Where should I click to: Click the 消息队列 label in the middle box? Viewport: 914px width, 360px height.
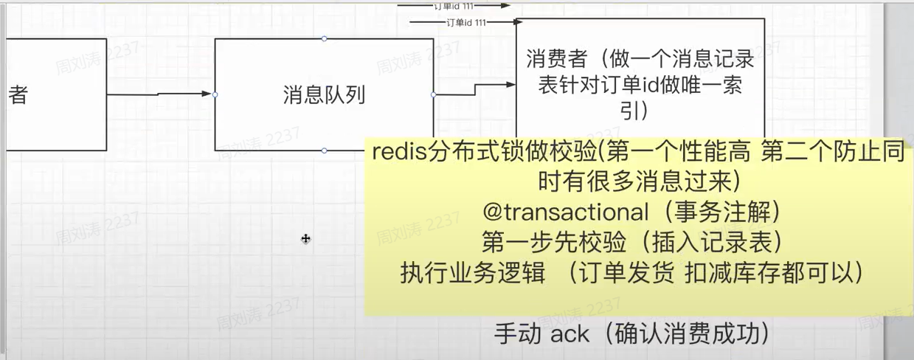[x=324, y=95]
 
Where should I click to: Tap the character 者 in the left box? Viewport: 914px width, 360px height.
[x=18, y=95]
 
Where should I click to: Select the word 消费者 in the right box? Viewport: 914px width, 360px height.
[x=558, y=60]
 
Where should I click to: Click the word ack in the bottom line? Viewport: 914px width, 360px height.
[x=569, y=333]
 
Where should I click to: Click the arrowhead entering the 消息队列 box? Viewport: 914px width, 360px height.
[x=209, y=94]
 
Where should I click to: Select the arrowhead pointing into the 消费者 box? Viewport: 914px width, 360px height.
[x=510, y=85]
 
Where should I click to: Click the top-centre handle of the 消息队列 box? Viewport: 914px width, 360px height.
[x=324, y=38]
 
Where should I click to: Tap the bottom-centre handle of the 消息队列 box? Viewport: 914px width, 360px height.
[x=324, y=150]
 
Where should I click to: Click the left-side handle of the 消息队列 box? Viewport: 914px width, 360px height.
[x=215, y=94]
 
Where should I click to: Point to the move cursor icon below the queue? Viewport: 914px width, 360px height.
[x=305, y=238]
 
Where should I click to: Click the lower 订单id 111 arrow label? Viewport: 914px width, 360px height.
[x=466, y=23]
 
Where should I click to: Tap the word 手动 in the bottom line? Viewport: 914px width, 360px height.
[x=519, y=333]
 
